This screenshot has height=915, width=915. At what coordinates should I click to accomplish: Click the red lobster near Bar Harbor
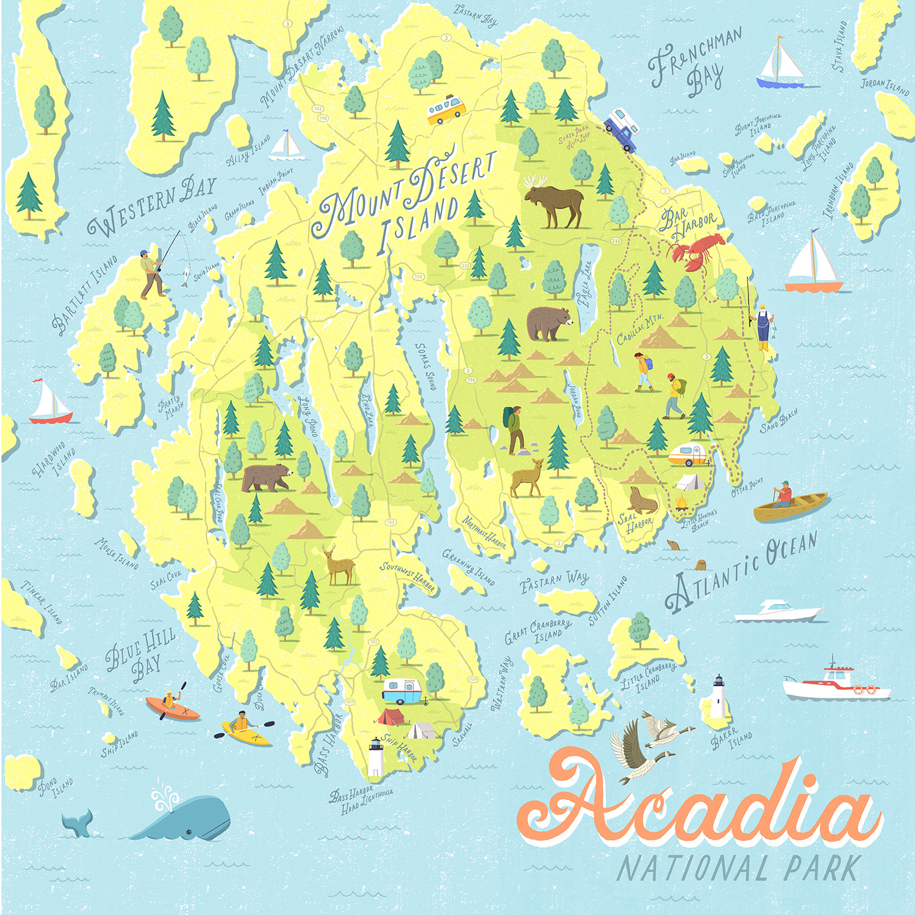click(x=697, y=250)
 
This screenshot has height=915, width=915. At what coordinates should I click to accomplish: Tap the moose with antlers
click(x=553, y=201)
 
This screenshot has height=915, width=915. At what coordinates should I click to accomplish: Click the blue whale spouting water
click(x=183, y=817)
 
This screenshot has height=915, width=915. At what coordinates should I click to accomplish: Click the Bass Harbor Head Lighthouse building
click(x=375, y=758)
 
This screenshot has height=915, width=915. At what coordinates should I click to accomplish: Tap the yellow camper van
click(x=446, y=109)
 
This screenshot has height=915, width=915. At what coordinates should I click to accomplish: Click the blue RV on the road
click(x=622, y=128)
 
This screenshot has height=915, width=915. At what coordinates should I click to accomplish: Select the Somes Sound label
click(x=425, y=366)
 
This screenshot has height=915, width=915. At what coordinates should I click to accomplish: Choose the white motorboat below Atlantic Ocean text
click(x=778, y=612)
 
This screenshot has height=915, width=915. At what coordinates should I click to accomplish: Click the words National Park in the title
click(x=738, y=868)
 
